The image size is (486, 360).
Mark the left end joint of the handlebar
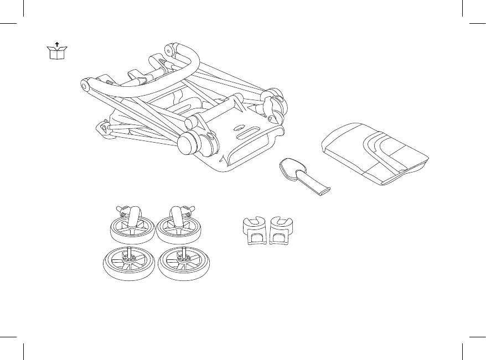(x=86, y=85)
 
